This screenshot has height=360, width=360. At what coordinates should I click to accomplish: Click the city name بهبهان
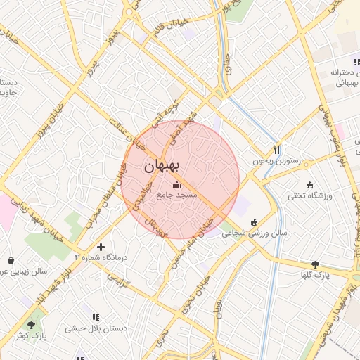162,167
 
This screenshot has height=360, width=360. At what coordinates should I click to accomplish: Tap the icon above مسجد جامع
175,184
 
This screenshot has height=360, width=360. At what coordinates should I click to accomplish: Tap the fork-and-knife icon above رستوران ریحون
277,150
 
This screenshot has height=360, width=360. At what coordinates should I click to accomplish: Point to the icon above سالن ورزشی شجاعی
254,222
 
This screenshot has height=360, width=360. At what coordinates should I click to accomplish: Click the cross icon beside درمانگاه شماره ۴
101,247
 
